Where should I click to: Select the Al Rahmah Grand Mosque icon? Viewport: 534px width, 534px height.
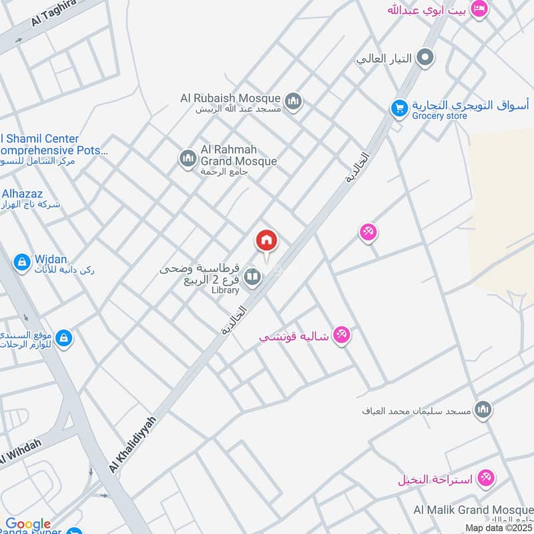188,159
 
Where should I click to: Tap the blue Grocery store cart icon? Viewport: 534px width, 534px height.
399,108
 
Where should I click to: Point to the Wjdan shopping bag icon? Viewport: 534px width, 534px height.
21,262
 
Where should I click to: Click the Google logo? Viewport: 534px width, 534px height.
28,524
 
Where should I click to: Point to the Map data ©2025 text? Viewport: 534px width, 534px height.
498,527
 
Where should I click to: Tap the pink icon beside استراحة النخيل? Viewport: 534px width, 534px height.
487,478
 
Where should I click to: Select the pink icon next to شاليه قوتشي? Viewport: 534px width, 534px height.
342,334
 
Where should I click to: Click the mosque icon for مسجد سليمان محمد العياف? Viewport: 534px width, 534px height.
483,409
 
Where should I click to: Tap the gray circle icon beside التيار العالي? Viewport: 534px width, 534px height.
425,59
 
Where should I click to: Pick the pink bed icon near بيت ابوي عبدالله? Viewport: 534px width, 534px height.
479,9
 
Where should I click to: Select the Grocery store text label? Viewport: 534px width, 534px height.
440,116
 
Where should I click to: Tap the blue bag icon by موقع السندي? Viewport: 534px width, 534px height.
64,338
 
